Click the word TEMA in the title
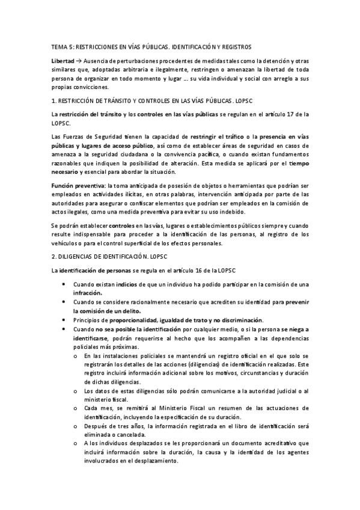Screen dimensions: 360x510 (59, 46)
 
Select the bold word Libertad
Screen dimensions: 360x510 (63, 62)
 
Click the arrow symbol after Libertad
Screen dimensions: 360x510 (80, 62)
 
